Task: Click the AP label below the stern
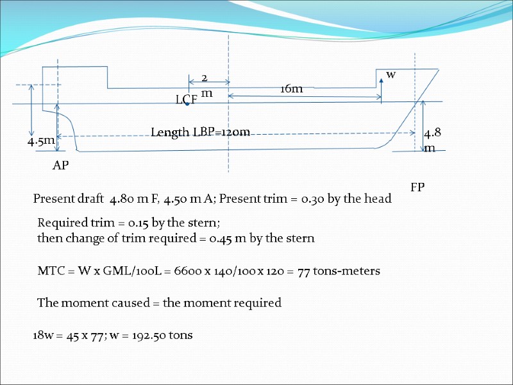point(61,166)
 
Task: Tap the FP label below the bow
point(417,187)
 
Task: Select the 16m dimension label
point(291,89)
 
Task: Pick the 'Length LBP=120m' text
point(200,132)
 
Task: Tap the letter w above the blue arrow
point(391,74)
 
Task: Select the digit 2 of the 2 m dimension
point(205,78)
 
